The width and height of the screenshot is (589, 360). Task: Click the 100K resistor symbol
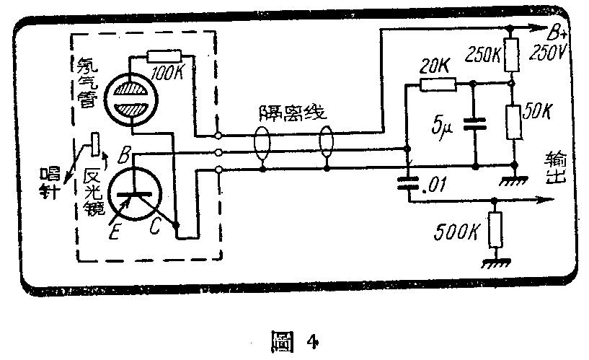167,56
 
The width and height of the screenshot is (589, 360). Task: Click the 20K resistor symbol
438,84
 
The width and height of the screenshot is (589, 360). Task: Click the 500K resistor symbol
494,231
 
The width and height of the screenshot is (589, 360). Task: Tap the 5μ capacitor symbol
473,123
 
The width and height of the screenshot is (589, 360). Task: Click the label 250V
547,53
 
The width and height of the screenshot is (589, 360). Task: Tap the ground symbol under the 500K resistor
494,263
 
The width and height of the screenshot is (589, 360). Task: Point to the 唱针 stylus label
52,183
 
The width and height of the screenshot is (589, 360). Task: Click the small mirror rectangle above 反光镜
93,144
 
